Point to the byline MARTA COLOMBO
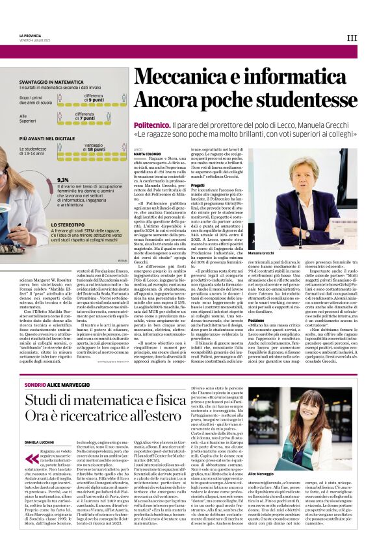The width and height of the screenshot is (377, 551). click(147, 154)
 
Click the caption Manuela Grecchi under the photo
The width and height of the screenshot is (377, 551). click(279, 252)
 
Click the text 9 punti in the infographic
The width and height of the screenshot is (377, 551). click(96, 101)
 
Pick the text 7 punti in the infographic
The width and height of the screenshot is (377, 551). click(96, 119)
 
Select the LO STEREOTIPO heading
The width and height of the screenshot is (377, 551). click(71, 225)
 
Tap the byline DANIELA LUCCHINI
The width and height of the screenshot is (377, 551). click(40, 441)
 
